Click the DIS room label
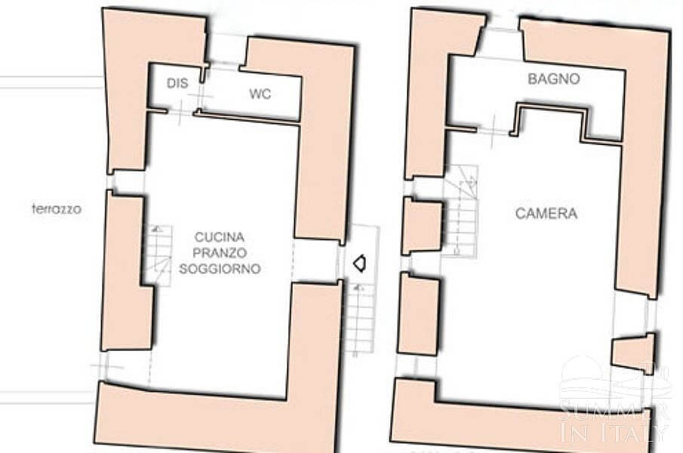tap(177, 83)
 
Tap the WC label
tap(260, 94)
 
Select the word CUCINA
tap(219, 237)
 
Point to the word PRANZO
tap(220, 253)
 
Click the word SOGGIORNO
tap(220, 268)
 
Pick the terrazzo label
tap(57, 209)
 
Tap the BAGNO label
tap(554, 79)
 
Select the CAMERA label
tap(546, 214)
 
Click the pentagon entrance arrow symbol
tap(359, 263)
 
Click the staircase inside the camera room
tap(460, 211)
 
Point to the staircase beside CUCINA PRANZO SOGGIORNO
tap(158, 255)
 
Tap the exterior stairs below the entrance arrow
tap(359, 318)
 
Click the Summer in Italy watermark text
tap(614, 421)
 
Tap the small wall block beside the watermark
tap(633, 353)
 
